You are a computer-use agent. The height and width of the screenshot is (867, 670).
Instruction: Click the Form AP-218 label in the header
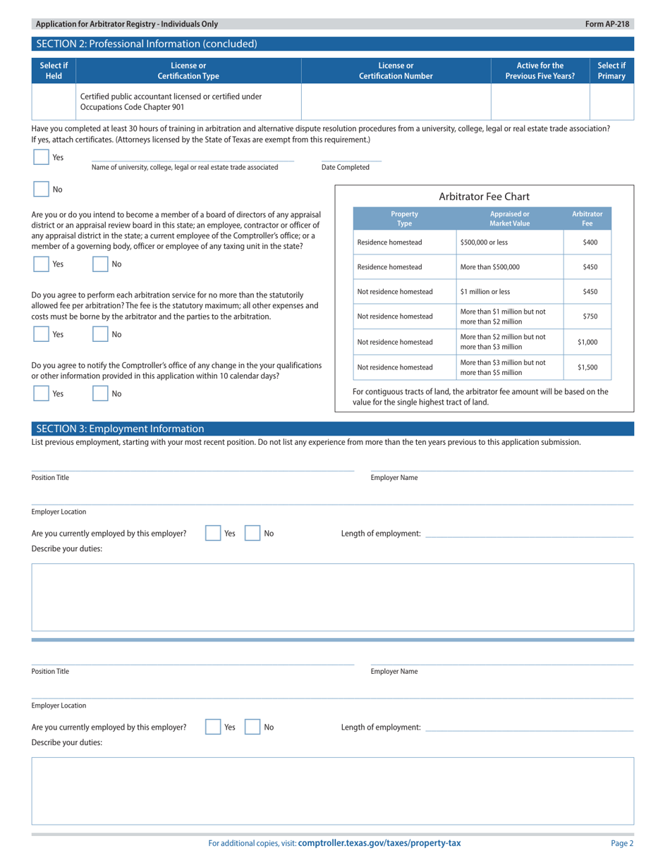coord(607,24)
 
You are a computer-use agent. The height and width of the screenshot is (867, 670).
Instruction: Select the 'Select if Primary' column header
coord(611,70)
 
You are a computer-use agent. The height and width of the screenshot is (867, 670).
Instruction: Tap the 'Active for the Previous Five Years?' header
coord(540,70)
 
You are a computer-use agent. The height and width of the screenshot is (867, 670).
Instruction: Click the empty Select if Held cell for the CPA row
coord(53,102)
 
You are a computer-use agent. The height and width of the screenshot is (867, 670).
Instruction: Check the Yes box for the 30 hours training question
coord(41,158)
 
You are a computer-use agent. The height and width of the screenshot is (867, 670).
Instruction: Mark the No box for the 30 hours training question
coord(41,190)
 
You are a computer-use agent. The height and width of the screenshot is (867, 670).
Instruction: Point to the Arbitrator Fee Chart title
coord(484,196)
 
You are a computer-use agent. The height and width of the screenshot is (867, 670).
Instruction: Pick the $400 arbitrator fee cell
coord(590,242)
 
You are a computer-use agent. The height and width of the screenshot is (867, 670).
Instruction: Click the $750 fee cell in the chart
coord(590,316)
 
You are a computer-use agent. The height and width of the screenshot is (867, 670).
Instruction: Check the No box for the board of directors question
coord(101,264)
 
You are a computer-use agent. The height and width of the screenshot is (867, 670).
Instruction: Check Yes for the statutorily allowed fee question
coord(41,335)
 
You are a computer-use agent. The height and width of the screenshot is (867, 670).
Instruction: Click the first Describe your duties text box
coord(332,596)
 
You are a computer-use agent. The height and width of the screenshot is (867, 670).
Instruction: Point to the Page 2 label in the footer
coord(622,843)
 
